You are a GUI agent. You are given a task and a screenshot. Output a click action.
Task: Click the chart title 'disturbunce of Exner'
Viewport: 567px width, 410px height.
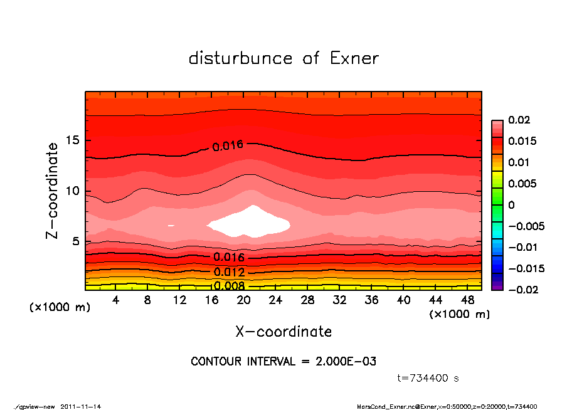pos(283,59)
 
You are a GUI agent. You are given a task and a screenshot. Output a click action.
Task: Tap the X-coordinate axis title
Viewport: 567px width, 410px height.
pos(283,332)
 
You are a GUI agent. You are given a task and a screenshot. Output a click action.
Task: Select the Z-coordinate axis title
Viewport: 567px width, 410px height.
pos(53,191)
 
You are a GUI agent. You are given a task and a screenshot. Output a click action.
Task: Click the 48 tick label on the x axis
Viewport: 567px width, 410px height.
pos(468,300)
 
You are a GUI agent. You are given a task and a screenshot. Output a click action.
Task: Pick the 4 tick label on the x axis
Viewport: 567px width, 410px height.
pos(116,300)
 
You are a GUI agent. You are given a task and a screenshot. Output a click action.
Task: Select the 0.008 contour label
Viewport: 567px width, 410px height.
pos(229,286)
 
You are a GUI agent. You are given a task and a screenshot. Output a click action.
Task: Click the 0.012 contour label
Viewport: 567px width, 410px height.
pos(229,272)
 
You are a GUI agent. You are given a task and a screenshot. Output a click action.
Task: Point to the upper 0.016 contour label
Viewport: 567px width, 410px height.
pos(228,147)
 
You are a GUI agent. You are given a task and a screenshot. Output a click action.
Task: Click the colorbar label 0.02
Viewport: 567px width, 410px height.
pos(519,120)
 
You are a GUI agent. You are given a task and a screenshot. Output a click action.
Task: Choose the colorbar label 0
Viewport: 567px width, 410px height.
pos(511,205)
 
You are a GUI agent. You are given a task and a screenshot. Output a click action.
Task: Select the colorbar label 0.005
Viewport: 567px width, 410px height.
pos(522,184)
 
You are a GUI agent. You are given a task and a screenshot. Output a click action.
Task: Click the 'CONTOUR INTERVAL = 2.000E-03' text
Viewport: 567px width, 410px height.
pos(283,362)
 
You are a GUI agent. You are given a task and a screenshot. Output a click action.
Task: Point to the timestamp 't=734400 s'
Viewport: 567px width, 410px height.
pos(428,379)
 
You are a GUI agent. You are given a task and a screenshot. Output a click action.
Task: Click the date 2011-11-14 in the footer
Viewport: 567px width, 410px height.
pos(81,406)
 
